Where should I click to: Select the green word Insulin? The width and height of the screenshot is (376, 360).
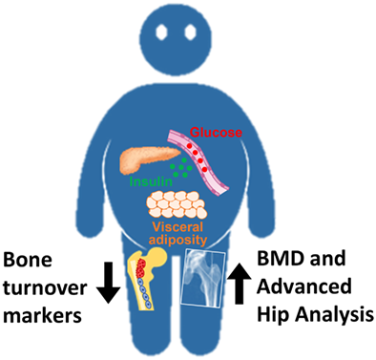click(x=153, y=176)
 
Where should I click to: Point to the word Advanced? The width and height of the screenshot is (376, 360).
click(x=315, y=287)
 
